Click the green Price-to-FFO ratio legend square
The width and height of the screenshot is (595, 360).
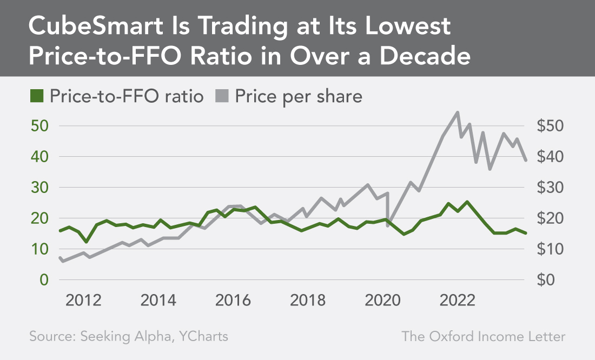coord(37,97)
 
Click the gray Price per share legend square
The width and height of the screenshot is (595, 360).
coord(222,97)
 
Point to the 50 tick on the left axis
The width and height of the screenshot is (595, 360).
coord(40,126)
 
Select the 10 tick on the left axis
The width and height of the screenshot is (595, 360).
coord(40,249)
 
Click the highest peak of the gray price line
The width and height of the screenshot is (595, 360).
coord(458,112)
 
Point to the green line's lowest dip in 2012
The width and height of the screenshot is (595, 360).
coord(86,242)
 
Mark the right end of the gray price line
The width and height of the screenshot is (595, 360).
coord(526,160)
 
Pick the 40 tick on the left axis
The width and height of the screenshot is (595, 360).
coord(40,157)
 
